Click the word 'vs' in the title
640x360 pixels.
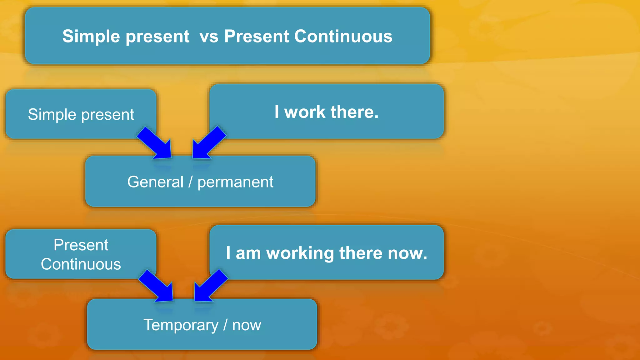tap(209, 37)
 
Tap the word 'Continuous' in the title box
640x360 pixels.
tap(343, 36)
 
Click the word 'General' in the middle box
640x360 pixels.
tap(155, 182)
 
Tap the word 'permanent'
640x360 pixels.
tap(235, 182)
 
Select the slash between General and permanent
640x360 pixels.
tap(190, 182)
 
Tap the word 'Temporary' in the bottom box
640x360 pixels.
tap(181, 325)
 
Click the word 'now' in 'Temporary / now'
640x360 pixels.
tap(247, 325)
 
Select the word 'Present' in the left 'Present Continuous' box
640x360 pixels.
tap(81, 245)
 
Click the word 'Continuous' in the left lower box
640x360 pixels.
tap(81, 264)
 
